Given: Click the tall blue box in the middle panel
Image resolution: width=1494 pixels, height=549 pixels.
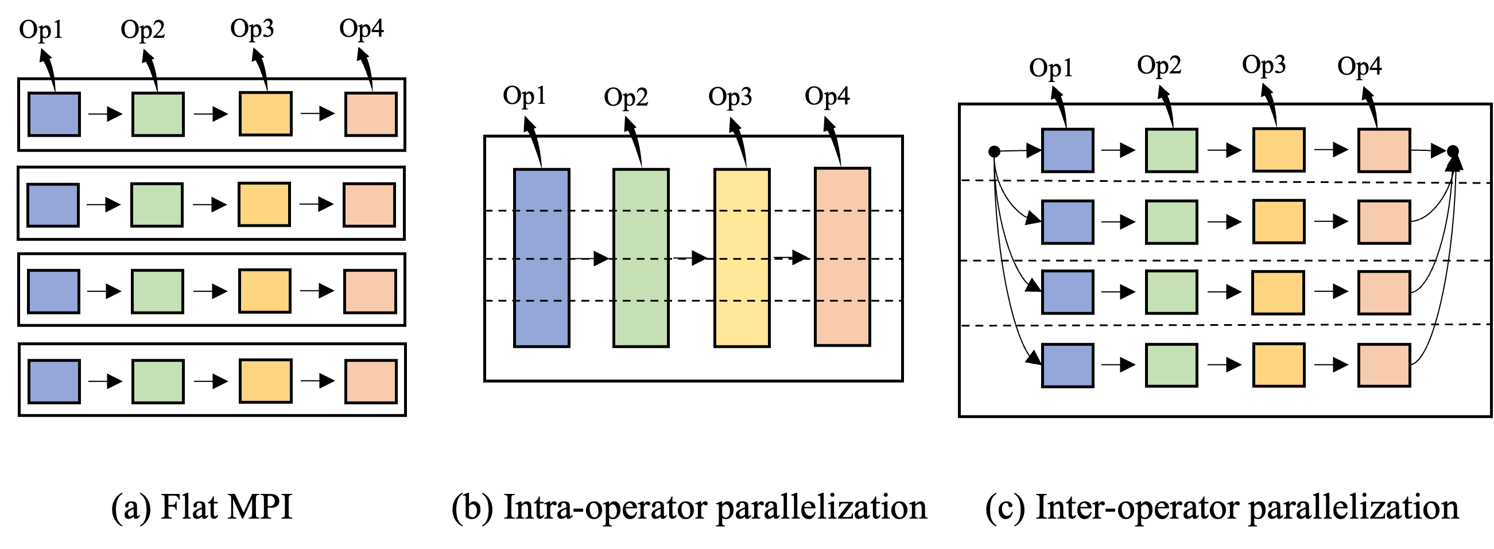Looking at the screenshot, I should click(542, 258).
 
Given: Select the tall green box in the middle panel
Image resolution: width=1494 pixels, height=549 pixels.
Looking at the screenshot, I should click(641, 258).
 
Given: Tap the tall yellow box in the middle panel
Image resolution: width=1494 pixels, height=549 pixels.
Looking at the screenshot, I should click(742, 258).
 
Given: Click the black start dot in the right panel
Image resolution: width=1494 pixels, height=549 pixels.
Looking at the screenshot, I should click(994, 151).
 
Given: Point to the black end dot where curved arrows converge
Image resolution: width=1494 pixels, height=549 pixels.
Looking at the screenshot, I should click(1453, 151).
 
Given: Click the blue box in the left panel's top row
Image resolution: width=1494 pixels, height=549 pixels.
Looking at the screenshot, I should click(54, 114).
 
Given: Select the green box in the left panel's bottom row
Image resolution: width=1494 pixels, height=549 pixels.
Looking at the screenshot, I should click(158, 381).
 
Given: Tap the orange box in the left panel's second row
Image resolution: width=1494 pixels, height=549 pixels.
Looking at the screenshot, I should click(264, 205).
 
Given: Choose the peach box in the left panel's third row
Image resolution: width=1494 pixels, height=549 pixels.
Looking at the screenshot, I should click(370, 291).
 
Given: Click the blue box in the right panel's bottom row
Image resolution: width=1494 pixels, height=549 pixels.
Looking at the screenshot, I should click(1067, 365).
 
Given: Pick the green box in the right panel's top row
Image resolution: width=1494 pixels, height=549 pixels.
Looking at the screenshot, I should click(1171, 151).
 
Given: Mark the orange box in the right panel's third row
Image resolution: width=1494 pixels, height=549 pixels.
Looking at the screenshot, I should click(1278, 292).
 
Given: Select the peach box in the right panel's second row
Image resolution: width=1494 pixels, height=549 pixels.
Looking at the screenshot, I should click(1384, 221).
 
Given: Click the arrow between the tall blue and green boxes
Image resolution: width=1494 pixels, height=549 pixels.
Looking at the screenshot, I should click(591, 259).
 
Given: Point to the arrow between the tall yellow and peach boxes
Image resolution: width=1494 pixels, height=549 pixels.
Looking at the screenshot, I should click(791, 258).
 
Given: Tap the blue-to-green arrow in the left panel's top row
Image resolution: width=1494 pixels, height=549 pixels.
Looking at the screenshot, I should click(106, 114).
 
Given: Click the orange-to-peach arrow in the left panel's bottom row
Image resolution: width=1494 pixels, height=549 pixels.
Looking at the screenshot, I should click(318, 381).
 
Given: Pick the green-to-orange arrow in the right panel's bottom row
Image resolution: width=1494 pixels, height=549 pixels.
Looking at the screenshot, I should click(1224, 365).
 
